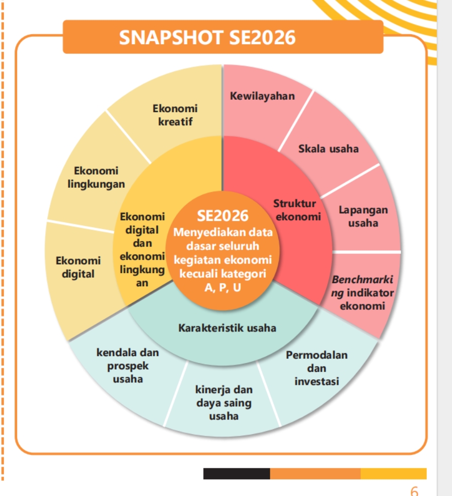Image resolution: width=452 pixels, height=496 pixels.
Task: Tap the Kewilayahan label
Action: coord(262,96)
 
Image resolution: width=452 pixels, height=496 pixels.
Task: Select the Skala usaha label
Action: coord(328,148)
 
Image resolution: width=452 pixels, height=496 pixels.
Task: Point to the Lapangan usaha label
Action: coord(363,216)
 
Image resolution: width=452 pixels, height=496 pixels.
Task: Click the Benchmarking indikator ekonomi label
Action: coord(362,293)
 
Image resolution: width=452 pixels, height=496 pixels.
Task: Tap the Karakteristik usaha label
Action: coord(228,328)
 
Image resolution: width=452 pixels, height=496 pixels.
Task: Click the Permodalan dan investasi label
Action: coord(317,368)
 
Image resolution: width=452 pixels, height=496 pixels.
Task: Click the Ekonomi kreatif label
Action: coord(175,115)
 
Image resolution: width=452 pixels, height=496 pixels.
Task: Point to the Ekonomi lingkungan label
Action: coord(96,177)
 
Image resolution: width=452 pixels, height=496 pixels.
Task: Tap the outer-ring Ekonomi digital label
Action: coord(78,267)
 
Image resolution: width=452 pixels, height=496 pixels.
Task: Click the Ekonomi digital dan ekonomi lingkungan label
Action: coord(142,250)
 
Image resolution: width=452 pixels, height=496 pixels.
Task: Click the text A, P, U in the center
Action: coord(222,288)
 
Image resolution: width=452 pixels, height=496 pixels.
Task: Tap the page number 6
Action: coord(414,490)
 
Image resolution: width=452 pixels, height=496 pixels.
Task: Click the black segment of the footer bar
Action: coord(236,473)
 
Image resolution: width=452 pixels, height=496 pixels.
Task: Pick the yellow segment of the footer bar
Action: coord(394,473)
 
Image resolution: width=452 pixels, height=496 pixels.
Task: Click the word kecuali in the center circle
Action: coord(201,274)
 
